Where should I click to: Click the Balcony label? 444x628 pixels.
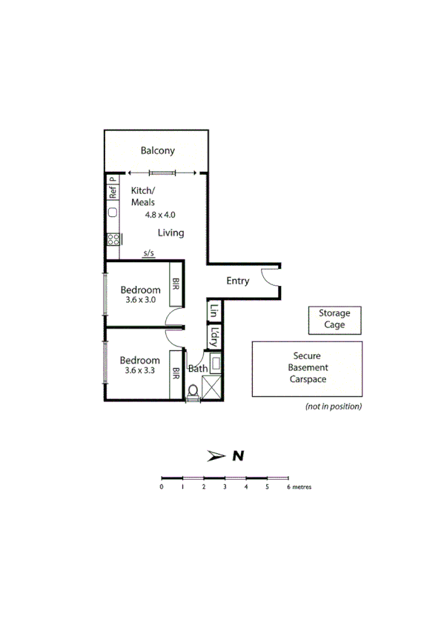[x=158, y=151]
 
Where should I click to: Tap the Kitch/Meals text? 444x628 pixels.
[x=142, y=196]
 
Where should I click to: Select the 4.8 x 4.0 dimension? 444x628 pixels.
[x=160, y=215]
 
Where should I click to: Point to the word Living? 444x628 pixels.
[x=170, y=233]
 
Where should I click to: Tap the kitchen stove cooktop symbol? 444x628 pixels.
[x=113, y=238]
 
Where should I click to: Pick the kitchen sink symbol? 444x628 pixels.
[x=113, y=213]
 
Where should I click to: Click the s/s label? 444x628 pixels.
[x=149, y=254]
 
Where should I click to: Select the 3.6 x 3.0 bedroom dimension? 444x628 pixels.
[x=140, y=300]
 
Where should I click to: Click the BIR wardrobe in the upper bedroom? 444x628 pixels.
[x=176, y=285]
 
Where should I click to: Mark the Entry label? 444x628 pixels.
[x=238, y=281]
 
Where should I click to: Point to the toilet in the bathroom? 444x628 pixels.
[x=193, y=390]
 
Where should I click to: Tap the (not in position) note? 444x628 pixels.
[x=334, y=407]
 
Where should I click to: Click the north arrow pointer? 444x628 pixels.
[x=216, y=455]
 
